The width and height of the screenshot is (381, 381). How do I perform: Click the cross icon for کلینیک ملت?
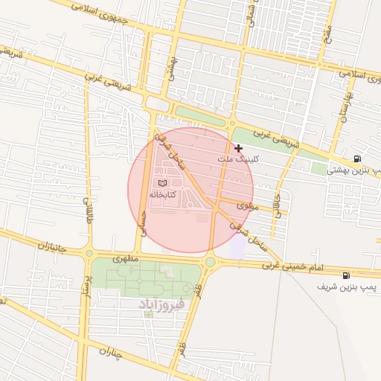coord(238,149)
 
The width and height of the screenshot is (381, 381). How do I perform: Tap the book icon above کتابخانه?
coord(162,182)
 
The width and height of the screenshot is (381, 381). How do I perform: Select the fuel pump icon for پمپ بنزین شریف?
coord(347,275)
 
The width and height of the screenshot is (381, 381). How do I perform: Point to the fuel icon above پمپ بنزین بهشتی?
coord(358,159)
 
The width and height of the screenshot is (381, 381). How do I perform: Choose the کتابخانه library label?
coord(162,193)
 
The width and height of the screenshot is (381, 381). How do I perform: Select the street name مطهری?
coord(126,260)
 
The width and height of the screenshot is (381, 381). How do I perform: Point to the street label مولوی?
coord(248,205)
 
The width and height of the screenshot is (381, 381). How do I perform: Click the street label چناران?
coord(109,356)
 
